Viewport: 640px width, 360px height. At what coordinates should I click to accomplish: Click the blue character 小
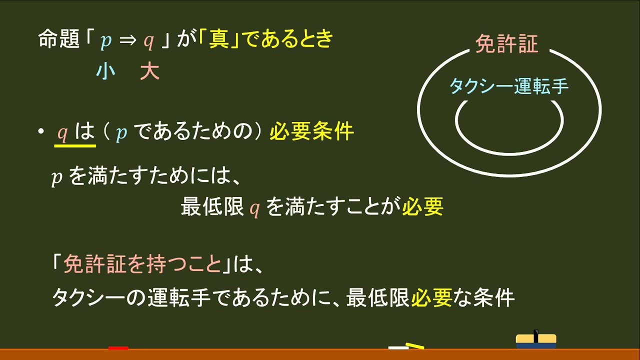point(105,72)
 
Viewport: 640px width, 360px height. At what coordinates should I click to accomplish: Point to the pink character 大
point(149,72)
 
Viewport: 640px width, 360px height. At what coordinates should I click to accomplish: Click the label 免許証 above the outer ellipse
point(506,44)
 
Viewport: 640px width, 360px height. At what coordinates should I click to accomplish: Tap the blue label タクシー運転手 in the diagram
point(509,86)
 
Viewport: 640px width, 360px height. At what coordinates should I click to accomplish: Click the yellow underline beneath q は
point(75,146)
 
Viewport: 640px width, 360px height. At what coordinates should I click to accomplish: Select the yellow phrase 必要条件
point(311,132)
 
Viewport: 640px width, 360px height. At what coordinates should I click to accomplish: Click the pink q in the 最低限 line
point(254,209)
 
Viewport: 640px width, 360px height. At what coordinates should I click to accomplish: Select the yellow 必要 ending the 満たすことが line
point(423,207)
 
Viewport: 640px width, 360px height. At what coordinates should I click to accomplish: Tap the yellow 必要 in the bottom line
point(432,298)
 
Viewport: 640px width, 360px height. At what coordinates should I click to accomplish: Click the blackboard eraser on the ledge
point(535,340)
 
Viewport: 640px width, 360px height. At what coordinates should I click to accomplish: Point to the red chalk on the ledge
point(118,347)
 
